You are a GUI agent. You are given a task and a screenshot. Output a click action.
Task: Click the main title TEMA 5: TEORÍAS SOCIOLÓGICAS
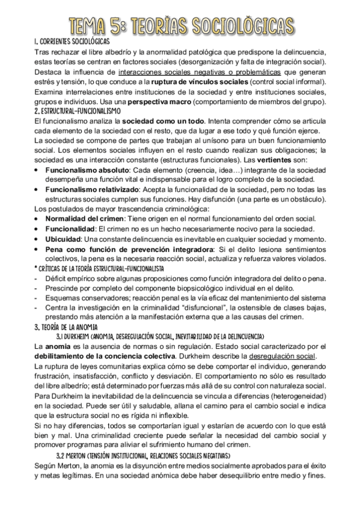180,25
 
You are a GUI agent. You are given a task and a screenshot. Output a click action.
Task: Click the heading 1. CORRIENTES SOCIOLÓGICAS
72,41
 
